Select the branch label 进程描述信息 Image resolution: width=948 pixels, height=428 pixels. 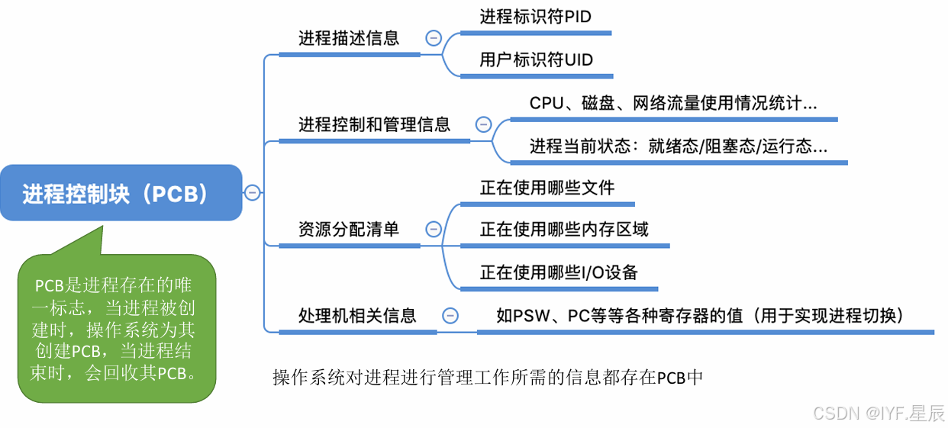coord(349,38)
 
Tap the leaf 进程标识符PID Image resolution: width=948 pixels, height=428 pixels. coord(535,17)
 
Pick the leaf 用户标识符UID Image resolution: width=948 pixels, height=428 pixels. coord(536,60)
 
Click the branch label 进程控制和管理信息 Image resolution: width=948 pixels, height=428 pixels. coord(374,124)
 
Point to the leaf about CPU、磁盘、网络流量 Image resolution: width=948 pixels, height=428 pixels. coord(672,104)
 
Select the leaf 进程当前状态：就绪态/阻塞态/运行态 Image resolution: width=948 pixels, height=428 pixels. coord(678,146)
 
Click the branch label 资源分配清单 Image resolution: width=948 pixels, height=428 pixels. coord(349,229)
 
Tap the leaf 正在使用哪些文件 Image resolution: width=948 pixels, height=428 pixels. coord(547,188)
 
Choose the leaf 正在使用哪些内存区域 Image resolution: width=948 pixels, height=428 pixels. coord(564,229)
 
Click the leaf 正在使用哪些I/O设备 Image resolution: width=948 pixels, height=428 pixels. coord(559,272)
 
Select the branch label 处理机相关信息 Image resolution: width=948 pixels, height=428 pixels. coord(357,315)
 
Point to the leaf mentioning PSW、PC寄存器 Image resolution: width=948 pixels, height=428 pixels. coord(700,315)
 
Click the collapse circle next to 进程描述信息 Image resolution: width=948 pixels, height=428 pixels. coord(434,38)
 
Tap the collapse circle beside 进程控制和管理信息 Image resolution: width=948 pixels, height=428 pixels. coord(483,124)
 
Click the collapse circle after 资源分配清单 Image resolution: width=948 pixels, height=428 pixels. coord(434,229)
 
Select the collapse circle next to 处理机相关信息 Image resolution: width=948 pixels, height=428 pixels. coord(450,315)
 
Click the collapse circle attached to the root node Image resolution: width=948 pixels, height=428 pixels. coord(252,193)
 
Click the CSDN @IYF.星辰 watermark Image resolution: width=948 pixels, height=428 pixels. coord(879,413)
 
